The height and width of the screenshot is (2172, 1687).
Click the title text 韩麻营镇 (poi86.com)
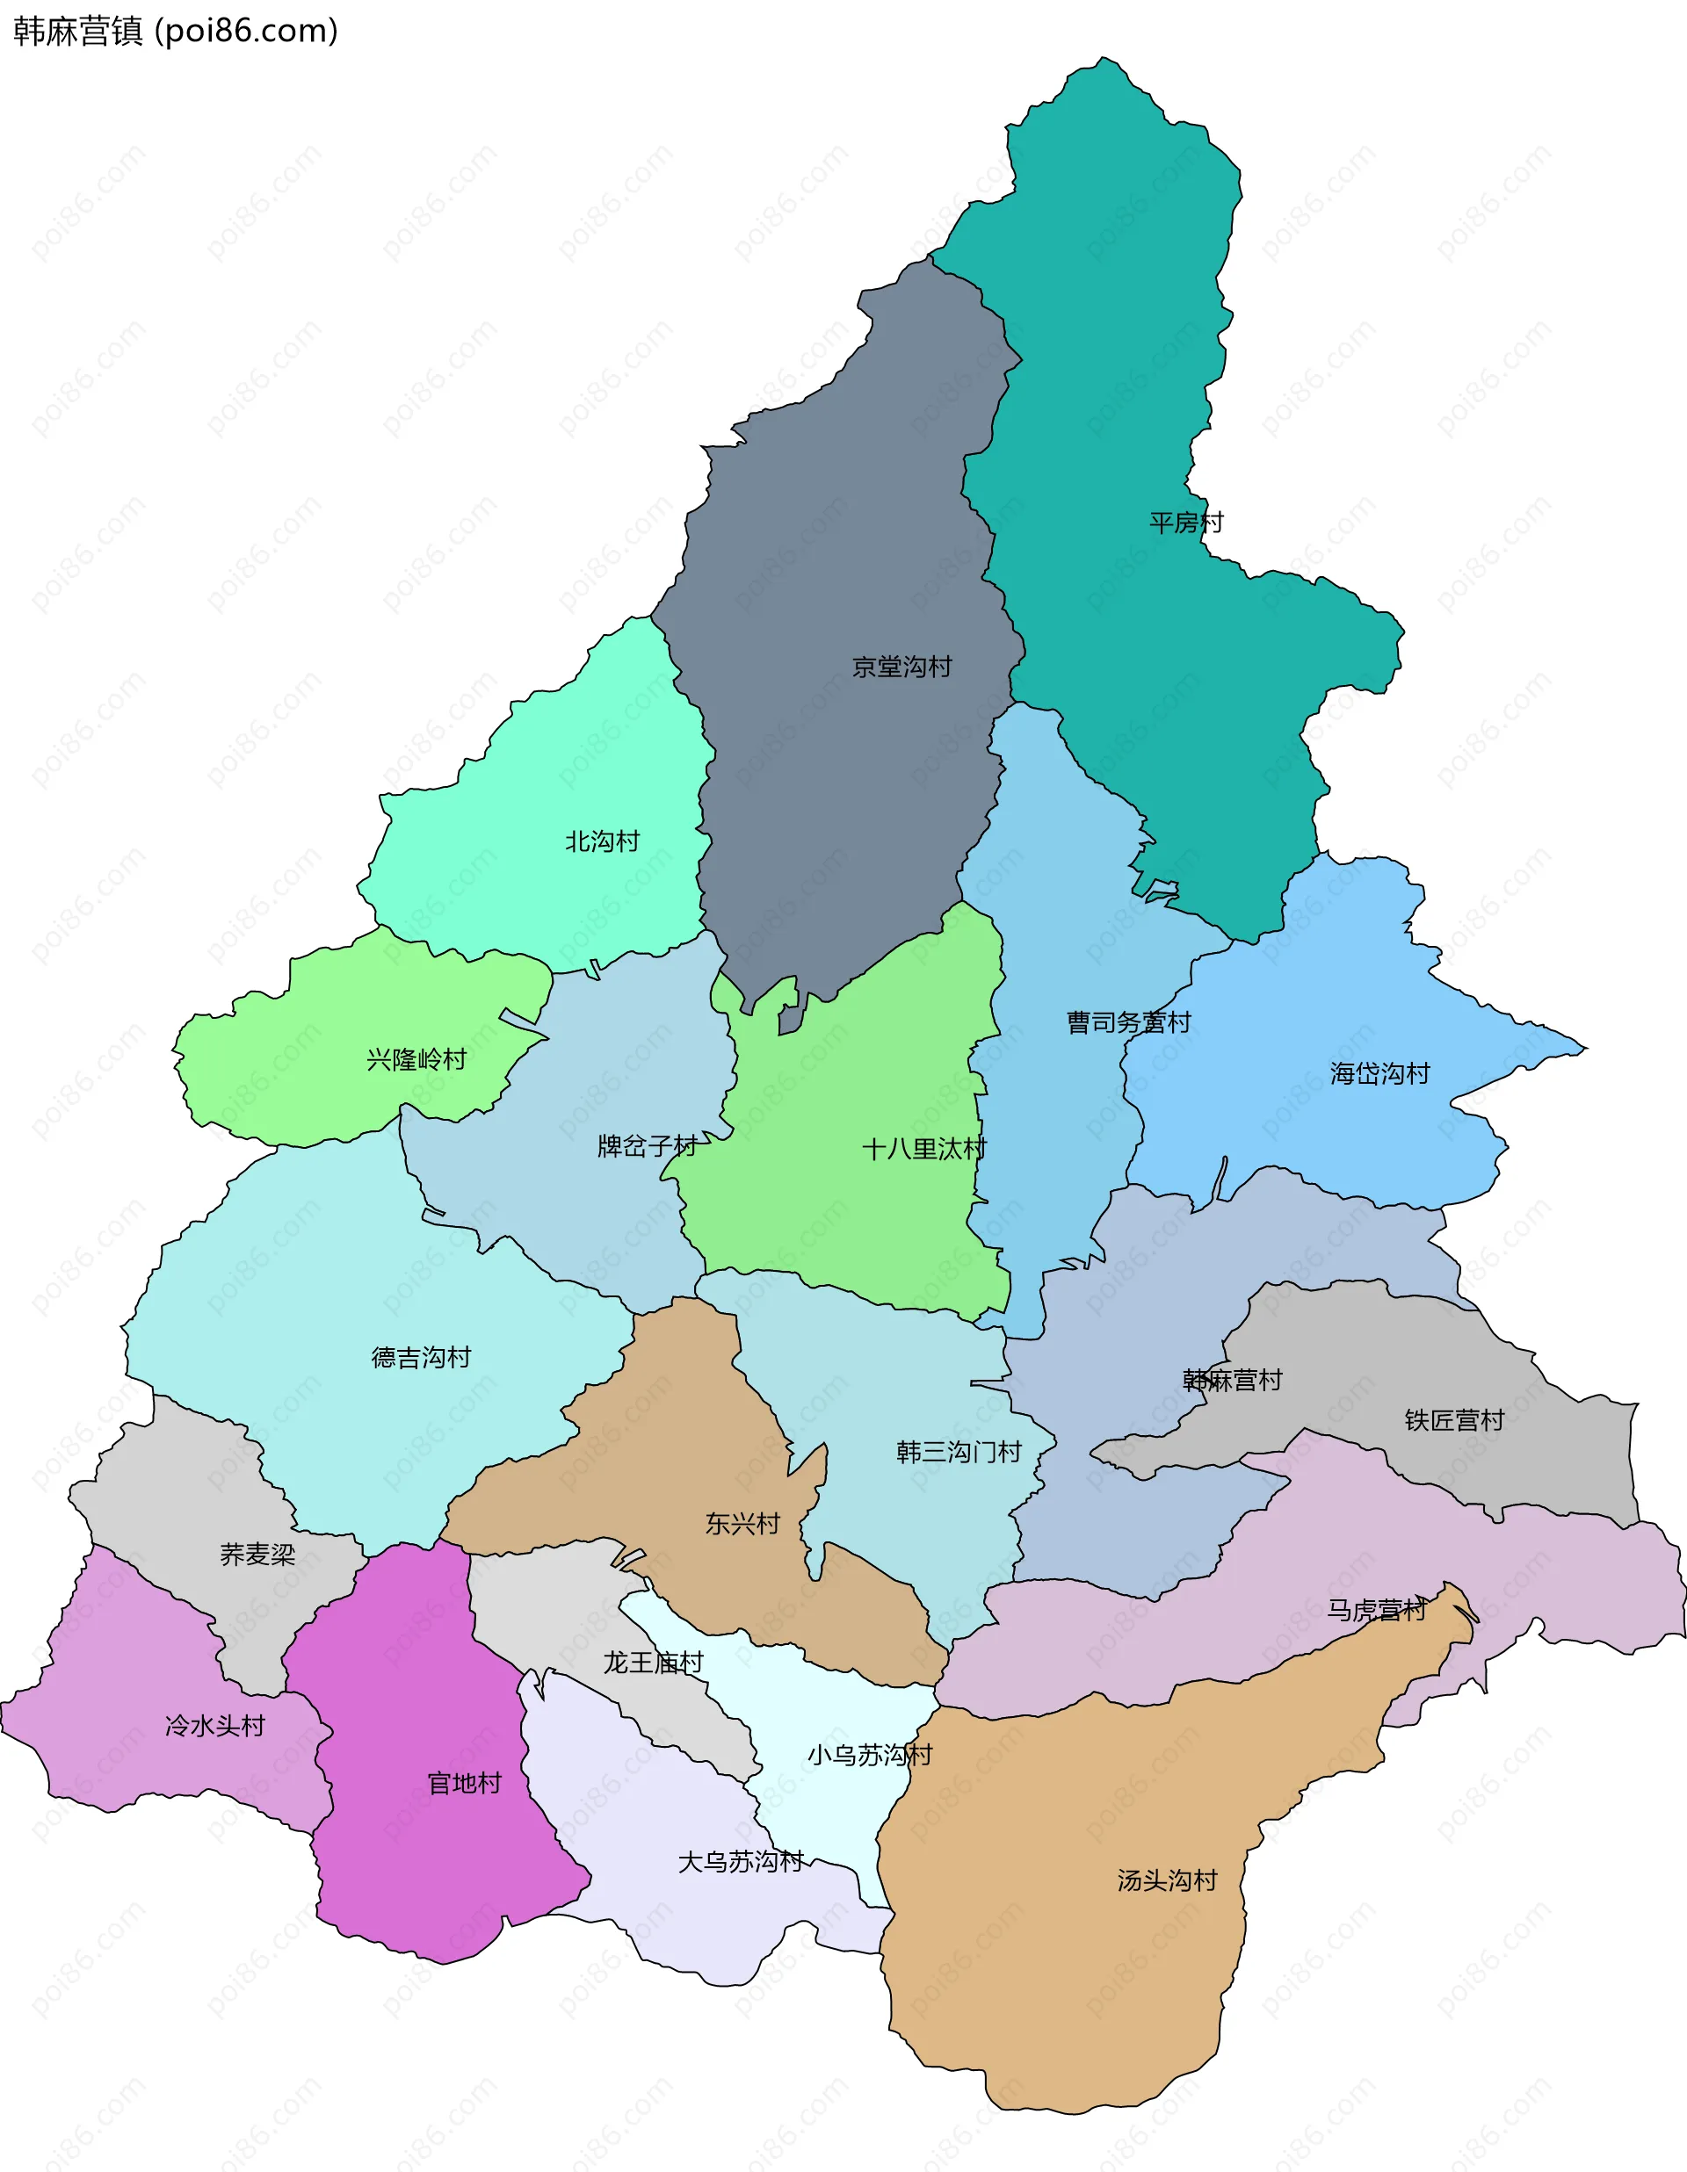(x=175, y=31)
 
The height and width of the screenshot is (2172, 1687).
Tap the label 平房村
(x=1185, y=522)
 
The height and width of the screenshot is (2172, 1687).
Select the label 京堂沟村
(x=901, y=667)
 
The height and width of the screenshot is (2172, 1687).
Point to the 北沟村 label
(x=602, y=841)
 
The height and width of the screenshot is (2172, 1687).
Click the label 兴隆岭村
(x=416, y=1059)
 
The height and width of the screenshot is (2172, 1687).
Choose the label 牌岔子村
(x=647, y=1145)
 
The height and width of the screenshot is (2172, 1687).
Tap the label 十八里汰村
(x=923, y=1149)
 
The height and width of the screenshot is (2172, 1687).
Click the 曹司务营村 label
(x=1128, y=1022)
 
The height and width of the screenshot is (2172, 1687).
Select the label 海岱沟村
(x=1379, y=1073)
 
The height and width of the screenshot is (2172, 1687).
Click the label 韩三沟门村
(x=959, y=1451)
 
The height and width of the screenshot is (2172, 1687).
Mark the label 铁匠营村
(x=1453, y=1419)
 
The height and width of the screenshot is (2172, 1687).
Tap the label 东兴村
(x=742, y=1523)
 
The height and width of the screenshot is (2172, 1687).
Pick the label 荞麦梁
(x=257, y=1554)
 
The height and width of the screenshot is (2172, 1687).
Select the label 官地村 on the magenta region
(x=464, y=1782)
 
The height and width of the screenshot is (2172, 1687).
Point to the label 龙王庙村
(x=653, y=1662)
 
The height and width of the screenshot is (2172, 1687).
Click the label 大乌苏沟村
(x=740, y=1861)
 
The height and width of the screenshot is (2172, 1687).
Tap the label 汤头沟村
(x=1167, y=1880)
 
